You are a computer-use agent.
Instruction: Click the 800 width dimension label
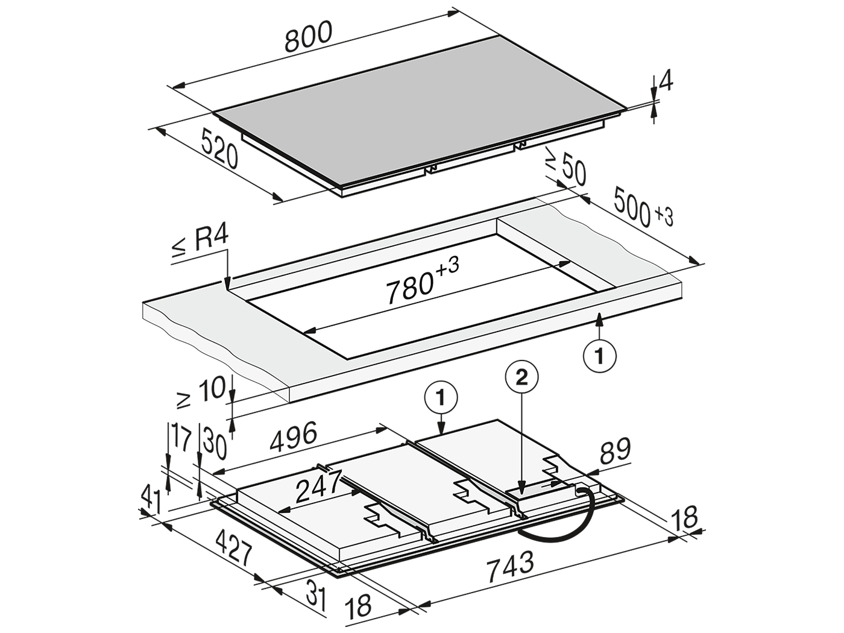[x=308, y=37]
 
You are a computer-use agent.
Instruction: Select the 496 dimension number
[x=294, y=437]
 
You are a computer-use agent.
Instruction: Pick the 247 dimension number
[x=318, y=487]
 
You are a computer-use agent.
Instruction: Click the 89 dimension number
[x=615, y=450]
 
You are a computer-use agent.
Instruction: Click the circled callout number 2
[x=521, y=379]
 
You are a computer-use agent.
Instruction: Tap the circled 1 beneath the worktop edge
[x=600, y=356]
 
